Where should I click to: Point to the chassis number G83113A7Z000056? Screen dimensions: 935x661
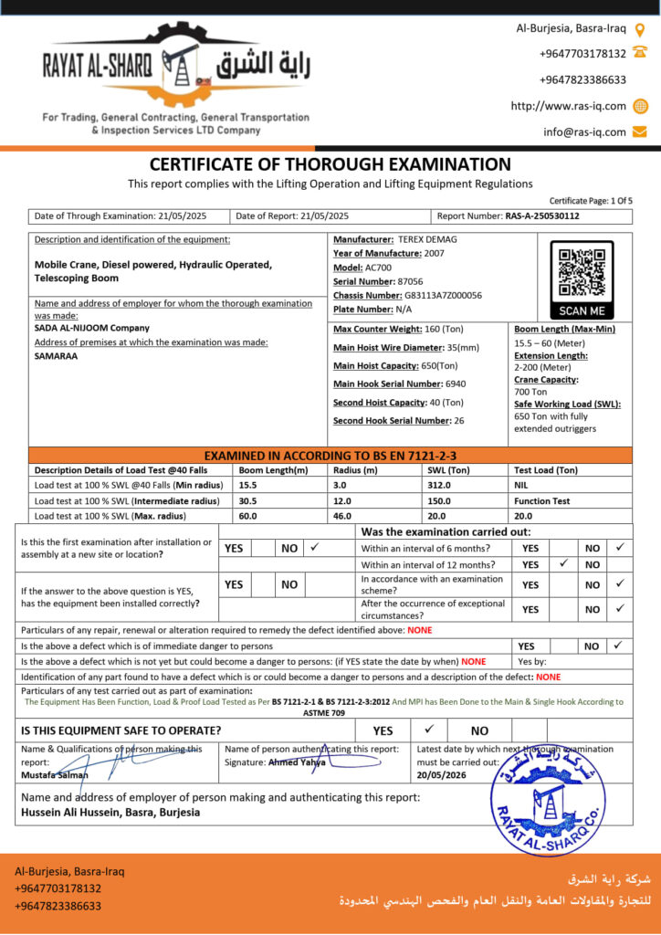point(444,296)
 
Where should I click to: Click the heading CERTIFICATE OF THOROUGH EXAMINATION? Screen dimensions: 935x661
point(330,165)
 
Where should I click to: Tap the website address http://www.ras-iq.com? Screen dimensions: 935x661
point(568,106)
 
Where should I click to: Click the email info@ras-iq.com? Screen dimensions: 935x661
point(584,131)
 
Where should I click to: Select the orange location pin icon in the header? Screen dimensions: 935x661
point(640,29)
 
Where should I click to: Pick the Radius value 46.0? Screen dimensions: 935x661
point(342,516)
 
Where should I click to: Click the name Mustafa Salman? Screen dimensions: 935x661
point(55,774)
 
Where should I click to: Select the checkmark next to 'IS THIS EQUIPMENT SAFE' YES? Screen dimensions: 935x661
point(430,730)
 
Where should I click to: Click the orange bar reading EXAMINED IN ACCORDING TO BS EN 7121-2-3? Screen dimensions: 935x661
point(330,455)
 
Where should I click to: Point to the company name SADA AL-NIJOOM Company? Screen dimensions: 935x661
point(91,328)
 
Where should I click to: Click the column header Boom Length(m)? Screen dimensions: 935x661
point(273,470)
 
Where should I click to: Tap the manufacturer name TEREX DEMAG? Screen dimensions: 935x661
point(427,239)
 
